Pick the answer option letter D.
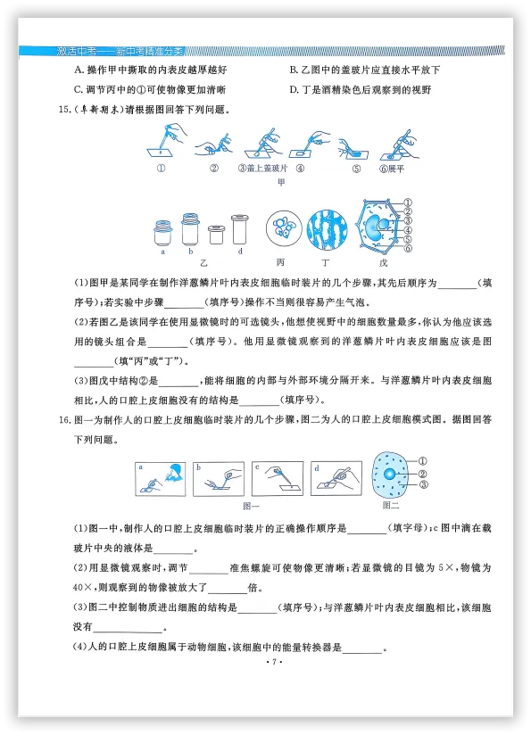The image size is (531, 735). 295,89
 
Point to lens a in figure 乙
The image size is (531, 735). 163,233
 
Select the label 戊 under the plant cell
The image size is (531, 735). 384,263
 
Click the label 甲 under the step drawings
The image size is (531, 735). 281,182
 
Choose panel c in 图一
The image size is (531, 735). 277,478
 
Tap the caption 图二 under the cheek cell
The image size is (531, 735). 390,505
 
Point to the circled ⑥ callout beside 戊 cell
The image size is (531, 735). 408,248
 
